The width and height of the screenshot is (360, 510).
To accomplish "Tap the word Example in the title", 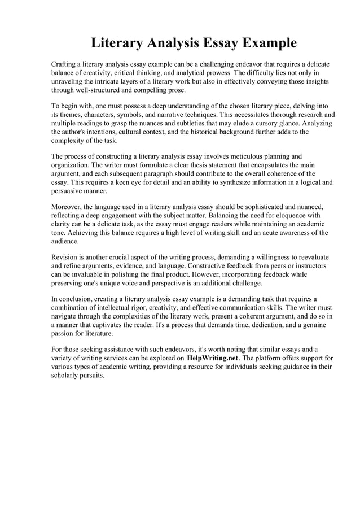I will (268, 43).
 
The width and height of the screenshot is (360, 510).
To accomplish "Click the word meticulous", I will (252, 156).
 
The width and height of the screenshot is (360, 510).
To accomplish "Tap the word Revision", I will (66, 256).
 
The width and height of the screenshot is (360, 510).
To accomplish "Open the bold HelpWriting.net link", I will (213, 358).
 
